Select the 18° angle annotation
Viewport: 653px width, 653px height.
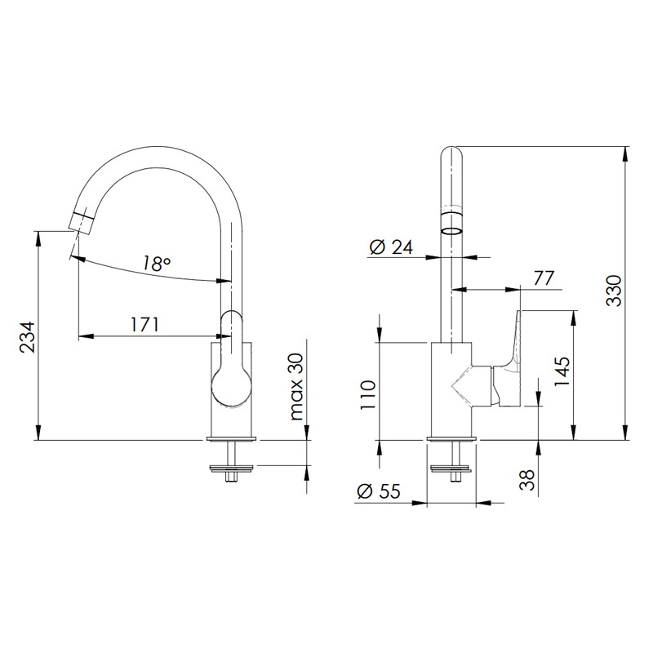point(156,263)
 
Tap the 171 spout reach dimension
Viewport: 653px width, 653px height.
point(144,324)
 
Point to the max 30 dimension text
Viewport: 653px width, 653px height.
point(296,387)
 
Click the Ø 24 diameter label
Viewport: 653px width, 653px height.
point(391,247)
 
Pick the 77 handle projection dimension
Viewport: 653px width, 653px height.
point(544,278)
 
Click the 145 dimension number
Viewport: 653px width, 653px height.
point(562,375)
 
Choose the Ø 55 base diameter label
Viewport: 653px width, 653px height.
point(378,491)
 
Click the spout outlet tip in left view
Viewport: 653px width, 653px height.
point(80,220)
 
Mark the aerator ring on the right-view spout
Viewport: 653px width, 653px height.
point(451,222)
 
